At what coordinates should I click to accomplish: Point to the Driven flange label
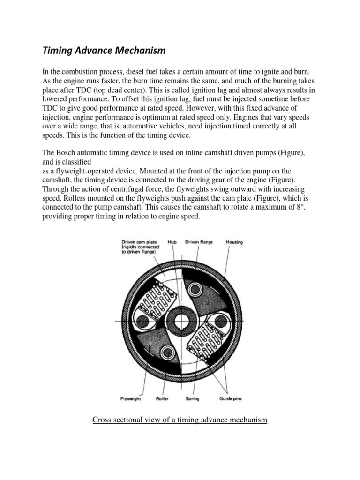coord(199,242)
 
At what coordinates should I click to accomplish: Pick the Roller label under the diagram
coord(163,399)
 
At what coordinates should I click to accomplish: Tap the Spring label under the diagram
coord(193,399)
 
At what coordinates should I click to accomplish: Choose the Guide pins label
coord(229,399)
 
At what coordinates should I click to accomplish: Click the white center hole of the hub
coord(180,321)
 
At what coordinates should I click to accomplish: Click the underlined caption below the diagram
coord(180,420)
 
